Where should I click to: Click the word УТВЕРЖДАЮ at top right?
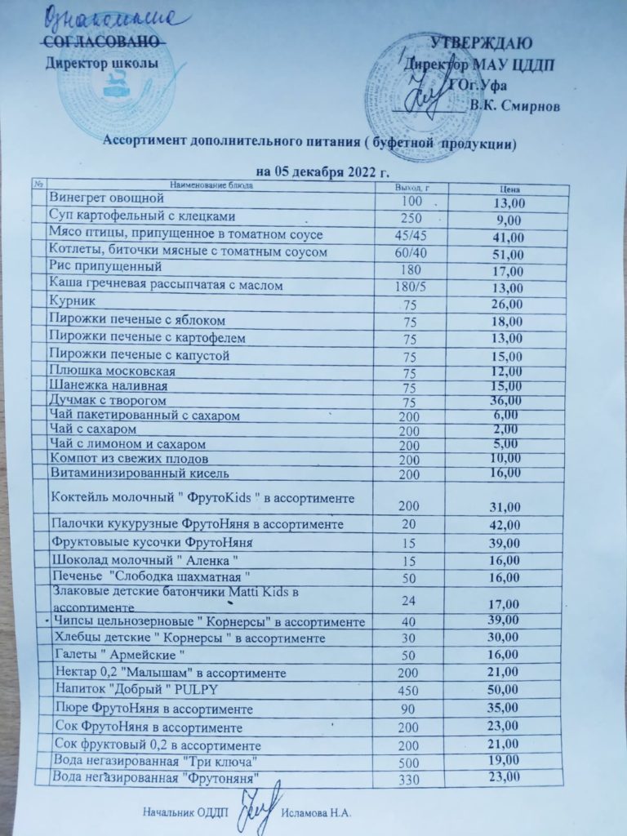point(482,42)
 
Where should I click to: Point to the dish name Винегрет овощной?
point(107,198)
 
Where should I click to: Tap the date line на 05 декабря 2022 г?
point(323,171)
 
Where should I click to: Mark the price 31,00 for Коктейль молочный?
point(507,508)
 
